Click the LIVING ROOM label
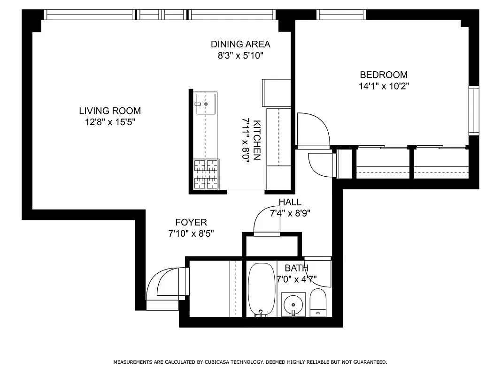[x=109, y=111]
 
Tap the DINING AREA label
[x=240, y=45]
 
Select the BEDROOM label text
[x=383, y=75]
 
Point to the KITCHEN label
[x=257, y=141]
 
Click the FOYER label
[x=191, y=223]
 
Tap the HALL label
[x=290, y=202]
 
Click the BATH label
[x=296, y=269]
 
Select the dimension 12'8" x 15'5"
[x=109, y=122]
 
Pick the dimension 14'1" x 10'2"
[x=383, y=86]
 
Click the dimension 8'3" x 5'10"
[x=240, y=56]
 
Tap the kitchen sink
[x=205, y=104]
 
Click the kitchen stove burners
[x=206, y=174]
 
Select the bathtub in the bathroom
[x=260, y=289]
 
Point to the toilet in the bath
[x=318, y=302]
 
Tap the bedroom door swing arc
[x=314, y=128]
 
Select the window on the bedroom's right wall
[x=474, y=110]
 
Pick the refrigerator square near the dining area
[x=276, y=93]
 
